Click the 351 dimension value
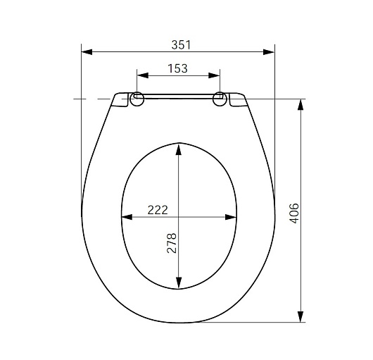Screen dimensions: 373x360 (x=181, y=45)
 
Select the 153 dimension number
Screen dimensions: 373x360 (x=177, y=68)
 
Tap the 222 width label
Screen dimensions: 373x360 (x=158, y=210)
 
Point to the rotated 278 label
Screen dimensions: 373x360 (x=172, y=243)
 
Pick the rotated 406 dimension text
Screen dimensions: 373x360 (x=293, y=213)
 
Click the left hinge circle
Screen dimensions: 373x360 (x=137, y=99)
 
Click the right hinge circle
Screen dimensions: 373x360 (x=220, y=99)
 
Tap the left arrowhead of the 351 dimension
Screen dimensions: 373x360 (x=87, y=52)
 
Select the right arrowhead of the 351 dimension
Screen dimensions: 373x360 (x=269, y=52)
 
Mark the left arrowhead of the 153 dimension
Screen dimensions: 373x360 (x=143, y=75)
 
